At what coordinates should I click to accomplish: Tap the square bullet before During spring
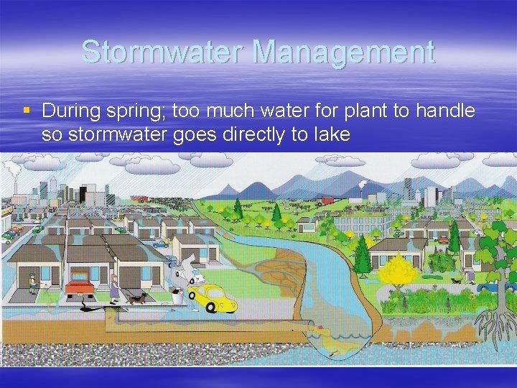tap(27, 111)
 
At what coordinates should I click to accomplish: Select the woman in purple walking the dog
tap(114, 288)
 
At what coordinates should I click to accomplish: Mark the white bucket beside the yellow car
tap(177, 294)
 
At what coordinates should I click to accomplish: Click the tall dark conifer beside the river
tap(362, 256)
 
